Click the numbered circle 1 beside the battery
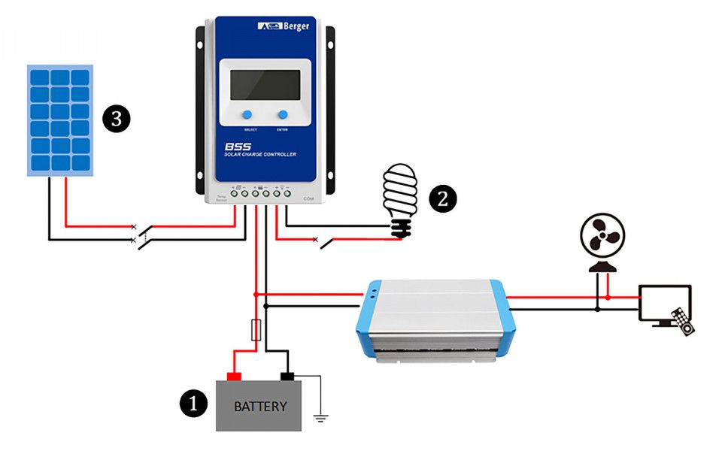[193, 404]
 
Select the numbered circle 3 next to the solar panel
[116, 118]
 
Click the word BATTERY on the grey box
[260, 407]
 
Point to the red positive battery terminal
[234, 376]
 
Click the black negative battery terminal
[287, 376]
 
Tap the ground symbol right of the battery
[321, 416]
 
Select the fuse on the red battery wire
[256, 329]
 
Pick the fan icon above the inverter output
[602, 241]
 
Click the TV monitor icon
[663, 304]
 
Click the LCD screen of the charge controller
[265, 85]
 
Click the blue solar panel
[60, 120]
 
